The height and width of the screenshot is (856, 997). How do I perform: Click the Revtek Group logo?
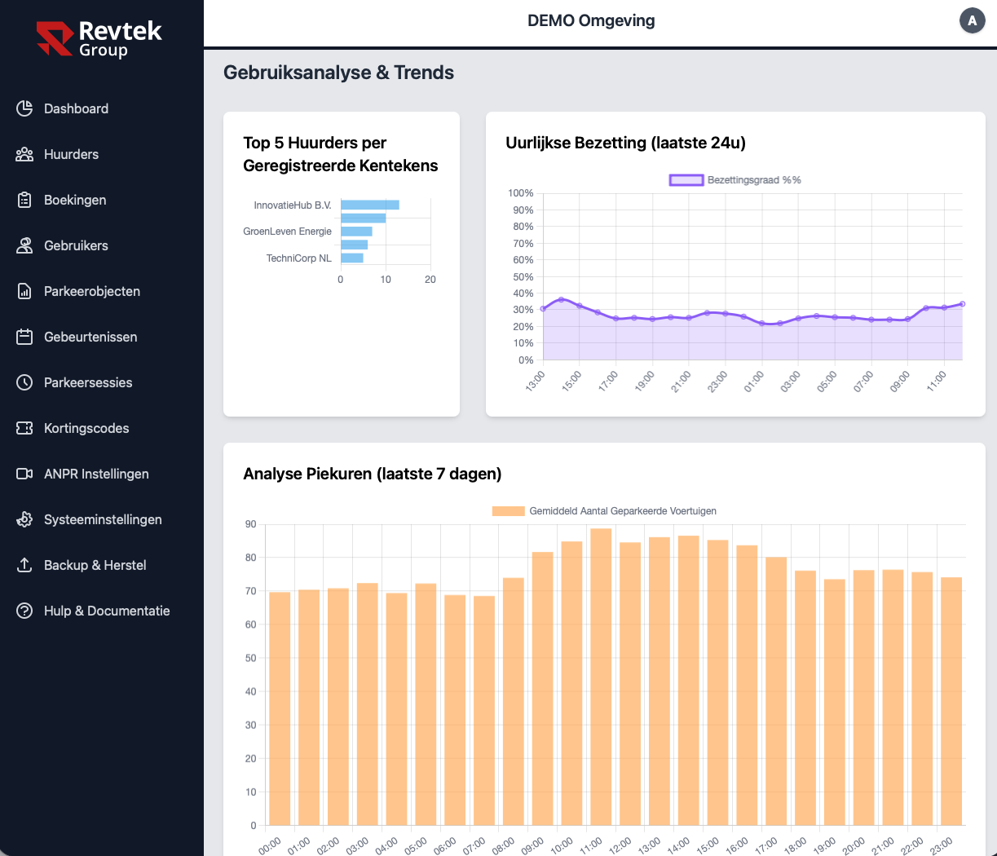click(x=99, y=39)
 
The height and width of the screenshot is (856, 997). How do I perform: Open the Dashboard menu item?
click(x=76, y=108)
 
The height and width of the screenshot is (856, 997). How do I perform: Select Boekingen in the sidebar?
click(x=75, y=200)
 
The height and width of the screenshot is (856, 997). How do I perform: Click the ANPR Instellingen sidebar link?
click(x=96, y=474)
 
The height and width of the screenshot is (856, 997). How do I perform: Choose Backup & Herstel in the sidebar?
click(x=95, y=565)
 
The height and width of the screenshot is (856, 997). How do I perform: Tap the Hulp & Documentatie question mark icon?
click(x=24, y=611)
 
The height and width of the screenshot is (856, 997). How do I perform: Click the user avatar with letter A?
click(x=972, y=21)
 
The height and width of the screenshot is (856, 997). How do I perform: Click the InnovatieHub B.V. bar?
click(x=369, y=205)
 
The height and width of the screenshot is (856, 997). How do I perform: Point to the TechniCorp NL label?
click(x=298, y=258)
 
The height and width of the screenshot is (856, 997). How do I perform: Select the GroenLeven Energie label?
click(x=287, y=232)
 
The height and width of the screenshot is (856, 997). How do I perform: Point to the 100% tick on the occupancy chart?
click(x=520, y=193)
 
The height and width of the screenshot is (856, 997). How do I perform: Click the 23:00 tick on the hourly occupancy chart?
click(x=717, y=382)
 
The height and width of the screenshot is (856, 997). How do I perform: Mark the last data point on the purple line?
click(x=962, y=304)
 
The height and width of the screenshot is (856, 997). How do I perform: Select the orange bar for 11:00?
click(x=601, y=677)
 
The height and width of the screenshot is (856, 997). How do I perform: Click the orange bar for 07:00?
click(x=484, y=710)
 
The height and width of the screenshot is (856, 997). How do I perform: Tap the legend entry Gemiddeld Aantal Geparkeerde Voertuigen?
click(x=604, y=511)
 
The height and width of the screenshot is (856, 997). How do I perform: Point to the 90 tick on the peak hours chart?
click(x=250, y=524)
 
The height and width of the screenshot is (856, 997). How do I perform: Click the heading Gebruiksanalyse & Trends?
click(x=338, y=73)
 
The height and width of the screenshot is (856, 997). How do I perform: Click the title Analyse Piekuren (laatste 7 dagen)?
click(x=372, y=474)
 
